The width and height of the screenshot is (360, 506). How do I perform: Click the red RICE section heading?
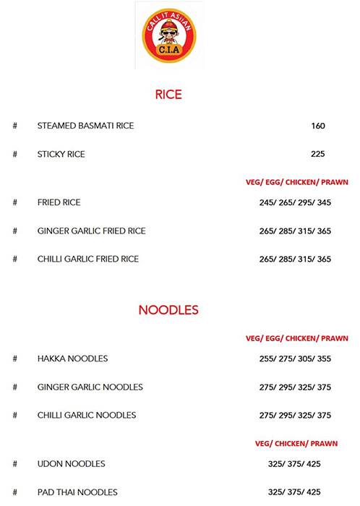168,95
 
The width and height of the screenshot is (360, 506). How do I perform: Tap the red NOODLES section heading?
168,310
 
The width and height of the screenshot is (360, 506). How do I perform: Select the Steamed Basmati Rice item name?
85,126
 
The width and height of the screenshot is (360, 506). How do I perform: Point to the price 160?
318,126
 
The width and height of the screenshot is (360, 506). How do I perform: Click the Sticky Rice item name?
61,154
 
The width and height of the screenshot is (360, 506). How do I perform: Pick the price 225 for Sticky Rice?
318,154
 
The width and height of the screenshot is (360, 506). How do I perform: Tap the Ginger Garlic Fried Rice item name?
91,231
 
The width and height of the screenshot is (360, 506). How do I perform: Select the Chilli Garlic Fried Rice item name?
88,259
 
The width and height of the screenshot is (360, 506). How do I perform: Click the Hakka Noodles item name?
72,359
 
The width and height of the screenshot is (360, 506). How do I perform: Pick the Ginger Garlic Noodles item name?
90,387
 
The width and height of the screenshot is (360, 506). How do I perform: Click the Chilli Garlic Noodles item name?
87,415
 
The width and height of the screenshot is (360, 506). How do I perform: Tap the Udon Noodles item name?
71,463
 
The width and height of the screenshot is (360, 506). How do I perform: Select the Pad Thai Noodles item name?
77,492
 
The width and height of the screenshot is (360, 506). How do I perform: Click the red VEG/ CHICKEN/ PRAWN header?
301,444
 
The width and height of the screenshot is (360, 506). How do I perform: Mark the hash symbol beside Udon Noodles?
14,463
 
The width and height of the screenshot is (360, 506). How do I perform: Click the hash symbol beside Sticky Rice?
14,154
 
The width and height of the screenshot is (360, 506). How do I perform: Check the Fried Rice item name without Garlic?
59,202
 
